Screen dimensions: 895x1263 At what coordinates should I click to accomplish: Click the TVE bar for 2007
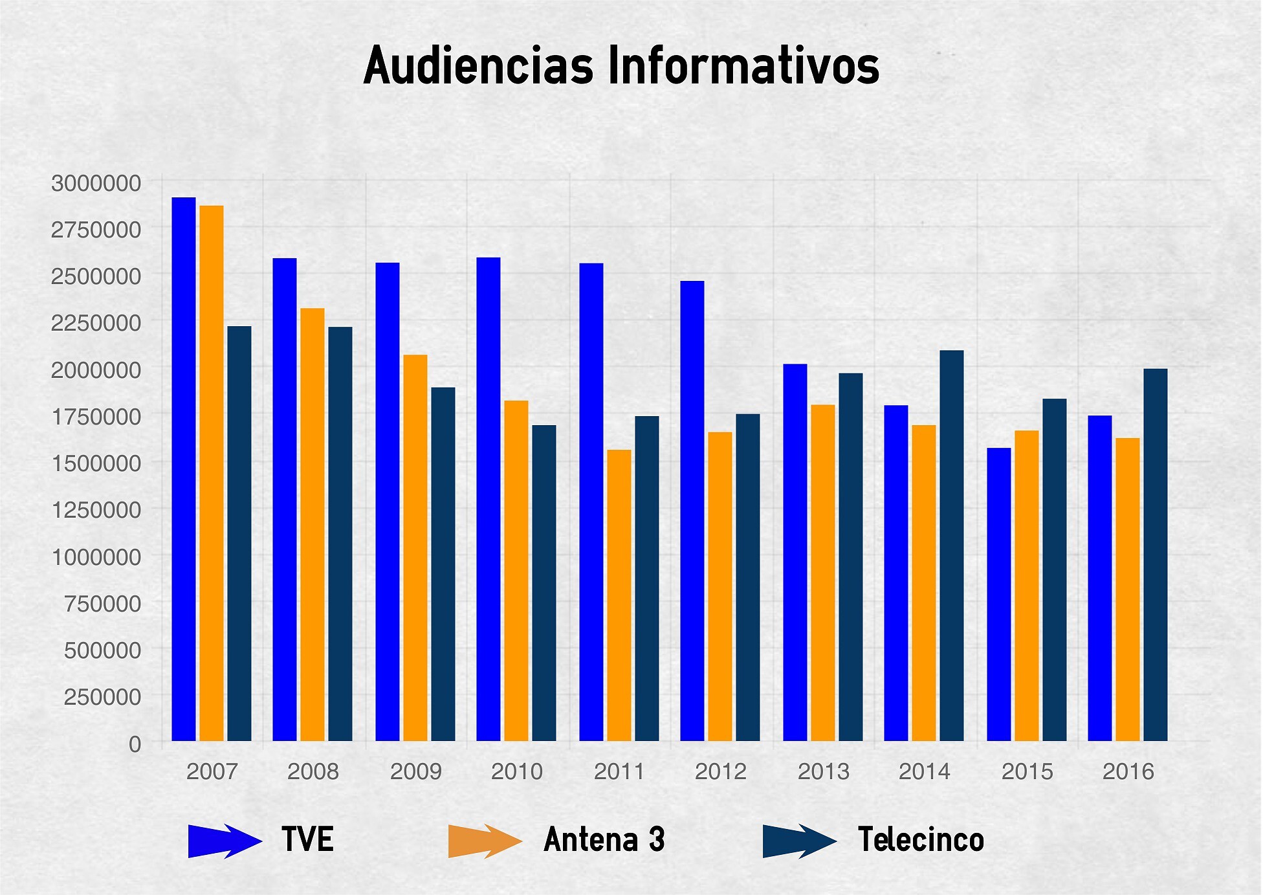pyautogui.click(x=184, y=469)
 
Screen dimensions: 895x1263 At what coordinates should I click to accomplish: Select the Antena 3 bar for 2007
pyautogui.click(x=212, y=473)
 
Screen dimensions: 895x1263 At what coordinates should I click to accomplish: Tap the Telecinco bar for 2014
pyautogui.click(x=951, y=546)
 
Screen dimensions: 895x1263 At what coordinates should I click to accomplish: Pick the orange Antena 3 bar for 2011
pyautogui.click(x=619, y=595)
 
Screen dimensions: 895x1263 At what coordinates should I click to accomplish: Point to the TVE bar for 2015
pyautogui.click(x=998, y=594)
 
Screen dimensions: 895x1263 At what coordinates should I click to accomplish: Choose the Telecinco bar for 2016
pyautogui.click(x=1155, y=555)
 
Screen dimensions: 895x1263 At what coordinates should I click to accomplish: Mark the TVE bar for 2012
pyautogui.click(x=692, y=511)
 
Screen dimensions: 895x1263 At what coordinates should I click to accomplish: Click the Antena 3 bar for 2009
pyautogui.click(x=415, y=547)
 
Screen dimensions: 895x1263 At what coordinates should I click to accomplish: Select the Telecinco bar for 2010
pyautogui.click(x=544, y=583)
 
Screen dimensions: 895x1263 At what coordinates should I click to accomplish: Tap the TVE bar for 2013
pyautogui.click(x=795, y=552)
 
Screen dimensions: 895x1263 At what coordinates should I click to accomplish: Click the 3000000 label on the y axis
pyautogui.click(x=96, y=183)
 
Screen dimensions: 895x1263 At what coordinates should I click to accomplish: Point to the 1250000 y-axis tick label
pyautogui.click(x=96, y=510)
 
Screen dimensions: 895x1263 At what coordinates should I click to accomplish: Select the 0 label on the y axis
pyautogui.click(x=135, y=744)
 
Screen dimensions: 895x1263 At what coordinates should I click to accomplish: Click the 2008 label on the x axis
pyautogui.click(x=313, y=771)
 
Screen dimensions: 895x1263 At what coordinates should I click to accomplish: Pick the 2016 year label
pyautogui.click(x=1128, y=771)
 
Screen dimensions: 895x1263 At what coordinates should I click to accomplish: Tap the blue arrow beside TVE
pyautogui.click(x=224, y=841)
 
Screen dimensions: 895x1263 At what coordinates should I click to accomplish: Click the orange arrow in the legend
pyautogui.click(x=484, y=841)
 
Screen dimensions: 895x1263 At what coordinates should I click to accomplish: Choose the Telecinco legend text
pyautogui.click(x=921, y=840)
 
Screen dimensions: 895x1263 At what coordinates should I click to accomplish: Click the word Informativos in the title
pyautogui.click(x=743, y=66)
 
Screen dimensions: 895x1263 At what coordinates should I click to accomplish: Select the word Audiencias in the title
pyautogui.click(x=478, y=66)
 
